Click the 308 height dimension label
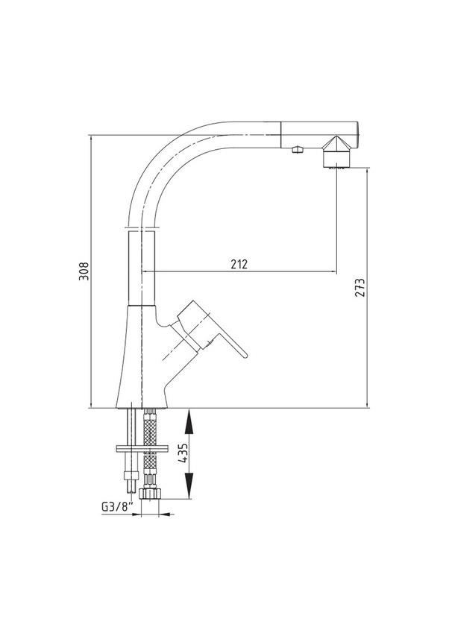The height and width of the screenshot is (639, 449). coord(84,271)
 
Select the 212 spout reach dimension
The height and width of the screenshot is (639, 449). coord(239,264)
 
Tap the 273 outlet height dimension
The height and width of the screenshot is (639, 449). coord(359,287)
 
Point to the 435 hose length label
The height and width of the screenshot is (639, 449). coord(184,453)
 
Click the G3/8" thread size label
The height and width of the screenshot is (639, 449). coord(117,507)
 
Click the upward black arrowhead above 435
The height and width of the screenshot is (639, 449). coord(189,423)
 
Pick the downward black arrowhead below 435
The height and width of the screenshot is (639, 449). coord(189,485)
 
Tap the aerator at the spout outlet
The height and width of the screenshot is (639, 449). coord(337,158)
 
